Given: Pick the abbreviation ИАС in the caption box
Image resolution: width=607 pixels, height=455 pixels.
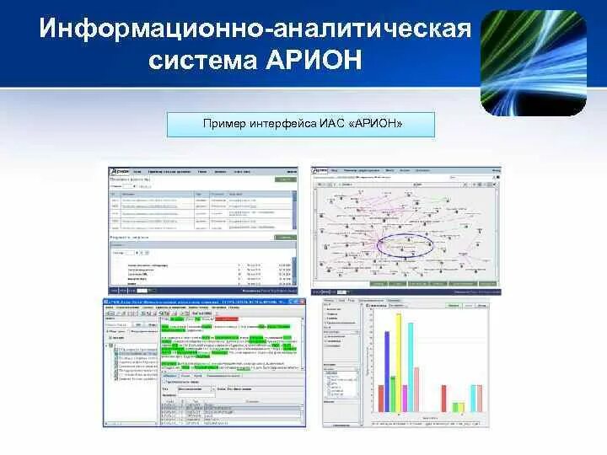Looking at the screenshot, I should click(330, 125).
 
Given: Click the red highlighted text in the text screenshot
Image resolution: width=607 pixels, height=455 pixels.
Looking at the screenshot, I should click(226, 319).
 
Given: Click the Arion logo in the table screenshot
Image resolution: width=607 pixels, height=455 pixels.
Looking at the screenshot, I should click(121, 171).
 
